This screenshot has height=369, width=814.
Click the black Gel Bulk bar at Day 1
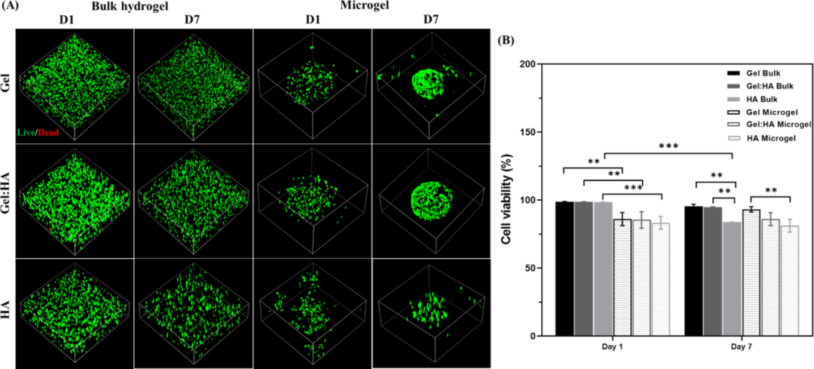click(x=565, y=269)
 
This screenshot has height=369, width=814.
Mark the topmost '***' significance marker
click(x=666, y=147)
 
